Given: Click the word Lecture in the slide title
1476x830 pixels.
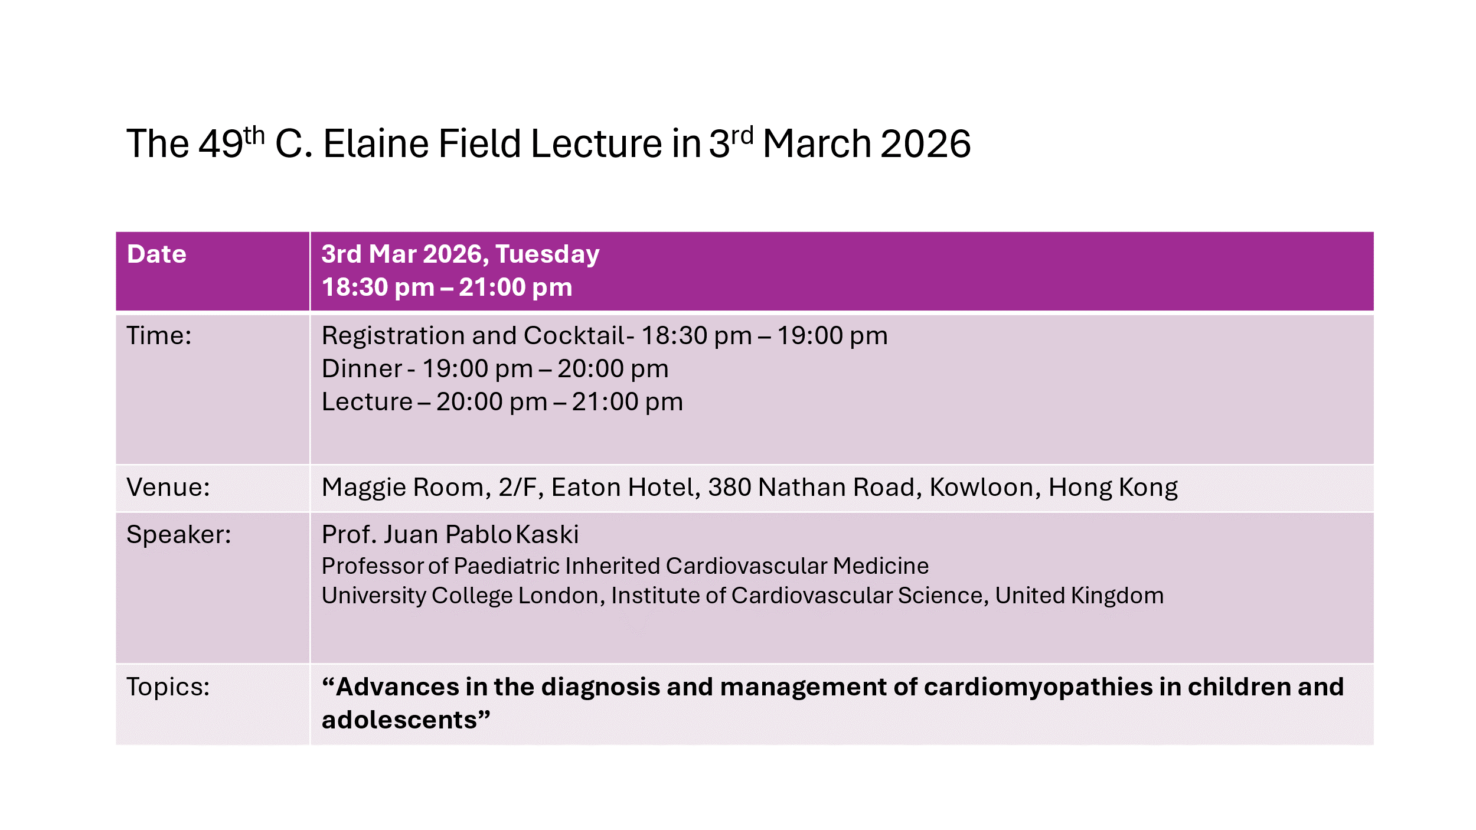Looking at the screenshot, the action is point(596,143).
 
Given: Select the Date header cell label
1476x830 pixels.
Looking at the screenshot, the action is point(156,254).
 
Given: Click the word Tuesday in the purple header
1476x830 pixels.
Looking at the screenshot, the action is point(547,255).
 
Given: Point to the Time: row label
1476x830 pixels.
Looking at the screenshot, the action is point(159,335).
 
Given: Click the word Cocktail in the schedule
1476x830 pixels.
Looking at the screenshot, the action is point(574,335).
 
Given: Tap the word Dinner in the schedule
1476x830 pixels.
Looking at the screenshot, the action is point(361,368).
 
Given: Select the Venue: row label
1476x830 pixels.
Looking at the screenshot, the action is point(168,487).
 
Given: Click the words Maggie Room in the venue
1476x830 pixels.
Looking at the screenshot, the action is point(403,488).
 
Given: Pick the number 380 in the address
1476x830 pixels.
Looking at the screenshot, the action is point(729,487).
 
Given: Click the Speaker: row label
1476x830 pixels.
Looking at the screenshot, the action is point(179,534).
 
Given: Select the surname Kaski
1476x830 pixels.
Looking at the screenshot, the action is point(547,534).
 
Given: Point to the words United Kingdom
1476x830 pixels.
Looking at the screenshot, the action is point(1079,596).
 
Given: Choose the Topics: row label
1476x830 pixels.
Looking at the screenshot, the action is point(168,687).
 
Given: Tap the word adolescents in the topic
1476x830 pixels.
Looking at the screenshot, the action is point(399,720).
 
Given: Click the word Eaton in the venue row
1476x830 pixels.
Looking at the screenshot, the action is point(586,487).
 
